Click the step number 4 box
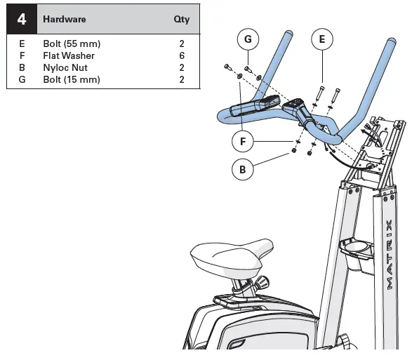click(22, 20)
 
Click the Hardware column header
click(65, 20)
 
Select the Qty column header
click(181, 20)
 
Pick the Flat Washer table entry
click(74, 55)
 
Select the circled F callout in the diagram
click(243, 141)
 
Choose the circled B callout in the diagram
click(243, 169)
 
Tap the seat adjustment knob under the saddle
click(262, 282)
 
